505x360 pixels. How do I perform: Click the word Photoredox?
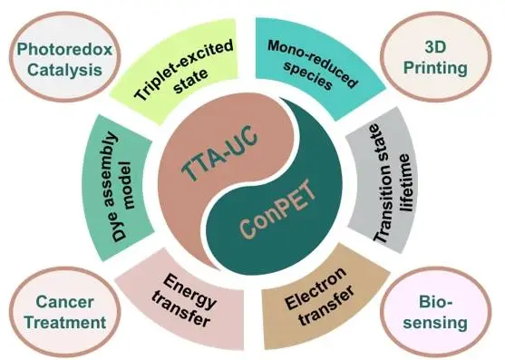pos(64,50)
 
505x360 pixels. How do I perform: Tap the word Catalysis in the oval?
pos(64,70)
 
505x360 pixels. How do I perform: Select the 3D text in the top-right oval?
pos(435,47)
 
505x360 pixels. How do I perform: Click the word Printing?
pos(435,68)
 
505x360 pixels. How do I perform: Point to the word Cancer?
pos(64,302)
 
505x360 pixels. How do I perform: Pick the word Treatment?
pos(65,322)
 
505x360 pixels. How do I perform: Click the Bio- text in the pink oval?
pos(435,302)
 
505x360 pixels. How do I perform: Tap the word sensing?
pos(435,323)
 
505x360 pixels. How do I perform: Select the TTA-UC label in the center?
pos(219,152)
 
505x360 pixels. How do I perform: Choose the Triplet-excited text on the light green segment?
pos(183,70)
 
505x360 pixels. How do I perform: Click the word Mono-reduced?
pos(313,63)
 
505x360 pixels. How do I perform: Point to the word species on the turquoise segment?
pos(307,76)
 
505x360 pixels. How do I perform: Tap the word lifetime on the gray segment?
pos(405,182)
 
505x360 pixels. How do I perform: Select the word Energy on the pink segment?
pos(189,291)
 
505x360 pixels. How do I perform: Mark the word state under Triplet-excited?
pos(190,82)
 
